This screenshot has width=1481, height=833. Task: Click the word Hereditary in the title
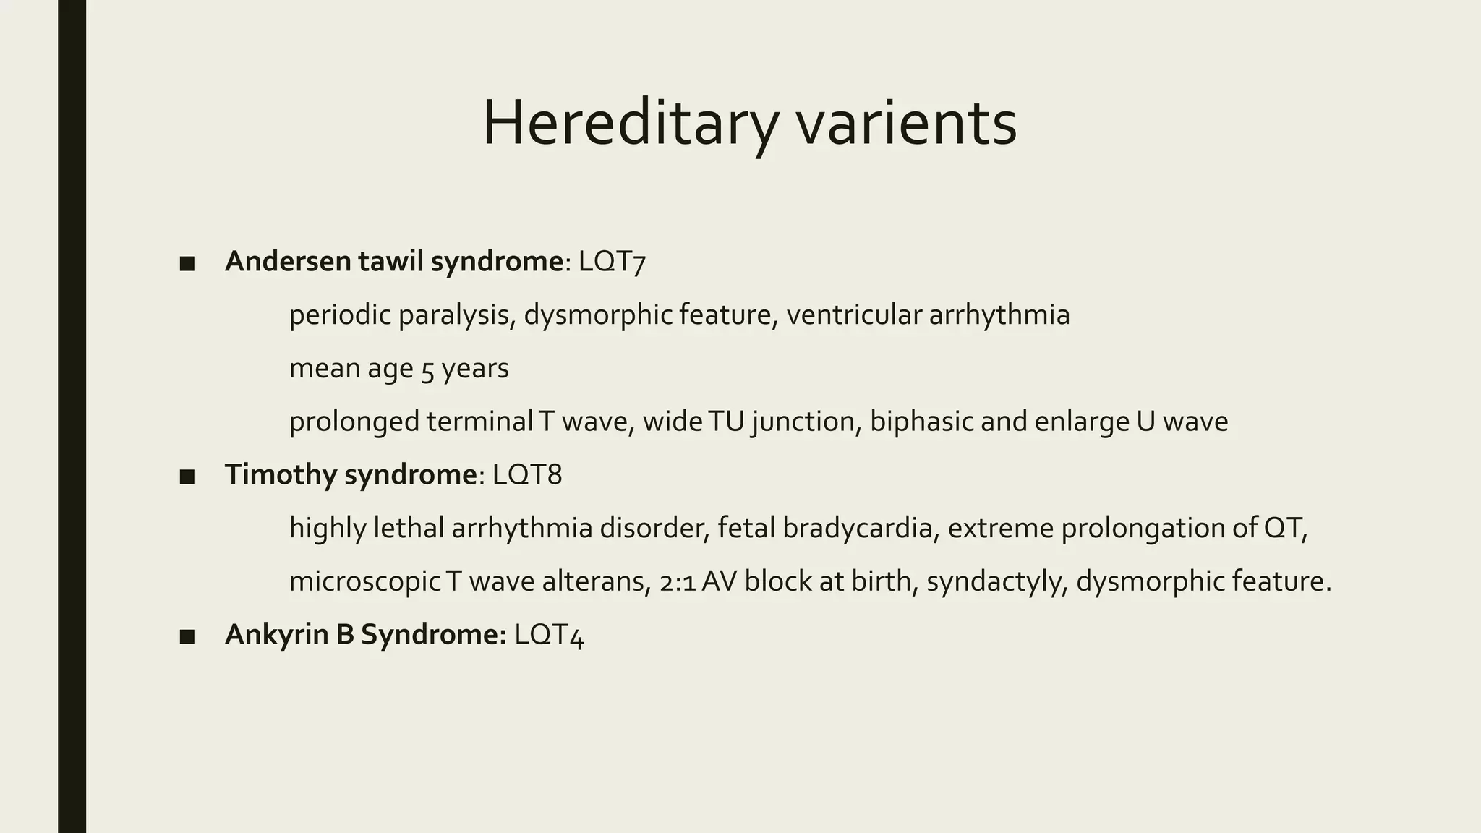coord(629,123)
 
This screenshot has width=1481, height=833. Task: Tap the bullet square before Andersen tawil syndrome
coord(187,264)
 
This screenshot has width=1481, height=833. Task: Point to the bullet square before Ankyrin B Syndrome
coord(187,637)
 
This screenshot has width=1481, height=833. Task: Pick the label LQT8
coord(527,475)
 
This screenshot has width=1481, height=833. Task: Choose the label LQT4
coord(549,635)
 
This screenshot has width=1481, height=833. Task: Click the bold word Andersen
coord(288,261)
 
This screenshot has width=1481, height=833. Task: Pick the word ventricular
coord(853,315)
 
